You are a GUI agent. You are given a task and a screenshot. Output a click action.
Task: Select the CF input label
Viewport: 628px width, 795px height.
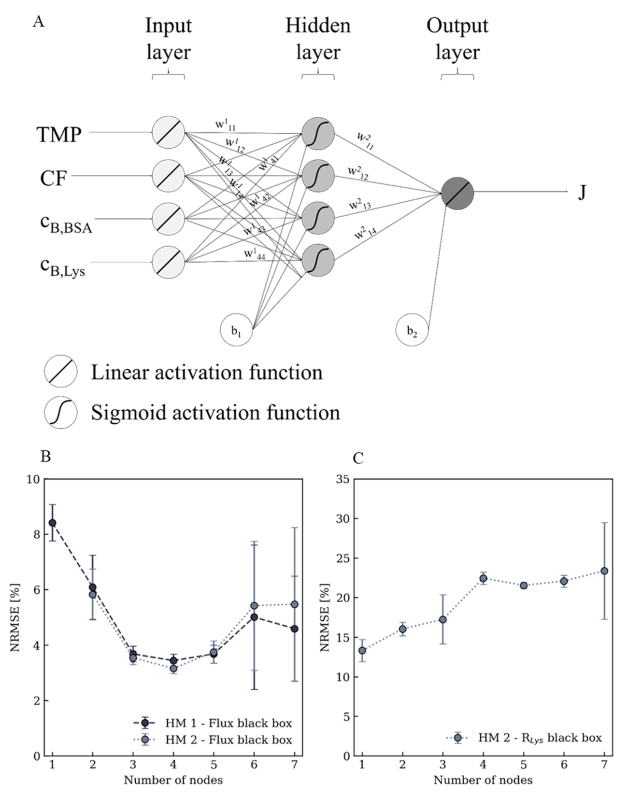click(53, 178)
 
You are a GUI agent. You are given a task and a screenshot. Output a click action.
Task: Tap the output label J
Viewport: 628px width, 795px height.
click(582, 193)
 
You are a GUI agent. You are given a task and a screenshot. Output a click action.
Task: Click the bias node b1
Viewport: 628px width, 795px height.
click(236, 330)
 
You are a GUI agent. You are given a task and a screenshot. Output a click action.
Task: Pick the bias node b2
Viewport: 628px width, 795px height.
click(412, 330)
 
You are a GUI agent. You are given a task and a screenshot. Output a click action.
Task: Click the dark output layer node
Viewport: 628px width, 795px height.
click(457, 193)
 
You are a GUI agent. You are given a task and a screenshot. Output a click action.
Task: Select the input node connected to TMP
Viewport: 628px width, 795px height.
click(169, 132)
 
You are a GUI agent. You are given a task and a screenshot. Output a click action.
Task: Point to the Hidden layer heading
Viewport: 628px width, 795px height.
click(318, 39)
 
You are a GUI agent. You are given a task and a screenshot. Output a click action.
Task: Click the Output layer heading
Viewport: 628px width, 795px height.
click(457, 39)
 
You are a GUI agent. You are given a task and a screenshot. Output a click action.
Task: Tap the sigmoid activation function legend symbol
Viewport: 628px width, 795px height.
click(61, 413)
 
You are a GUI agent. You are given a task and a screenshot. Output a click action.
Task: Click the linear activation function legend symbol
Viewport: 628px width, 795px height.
click(61, 372)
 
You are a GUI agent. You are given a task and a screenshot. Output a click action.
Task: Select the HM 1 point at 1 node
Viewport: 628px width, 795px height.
click(52, 523)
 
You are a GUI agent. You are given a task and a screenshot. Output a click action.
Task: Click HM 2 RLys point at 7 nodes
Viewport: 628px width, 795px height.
click(604, 571)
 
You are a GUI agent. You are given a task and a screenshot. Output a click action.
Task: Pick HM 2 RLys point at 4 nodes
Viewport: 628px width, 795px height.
click(483, 578)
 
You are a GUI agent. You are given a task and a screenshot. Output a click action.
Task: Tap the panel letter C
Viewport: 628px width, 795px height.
click(358, 458)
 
